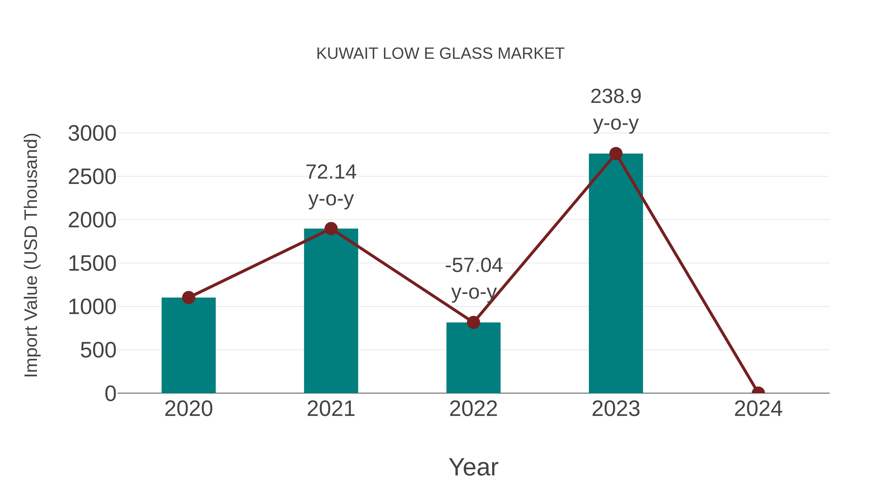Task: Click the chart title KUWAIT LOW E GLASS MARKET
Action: [440, 54]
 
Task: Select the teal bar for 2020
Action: [188, 346]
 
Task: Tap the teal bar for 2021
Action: [331, 312]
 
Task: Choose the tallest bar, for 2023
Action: [616, 274]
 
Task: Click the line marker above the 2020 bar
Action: [188, 297]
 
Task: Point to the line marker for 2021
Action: [331, 229]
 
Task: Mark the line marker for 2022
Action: [473, 322]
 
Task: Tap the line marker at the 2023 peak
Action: [616, 154]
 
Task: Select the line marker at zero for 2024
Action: [758, 392]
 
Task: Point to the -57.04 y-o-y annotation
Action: [474, 279]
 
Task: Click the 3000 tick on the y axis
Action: [92, 133]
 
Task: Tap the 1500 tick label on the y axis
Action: [92, 264]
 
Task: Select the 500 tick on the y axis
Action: [98, 351]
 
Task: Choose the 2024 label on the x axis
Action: [758, 409]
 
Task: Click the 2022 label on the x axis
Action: [473, 409]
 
